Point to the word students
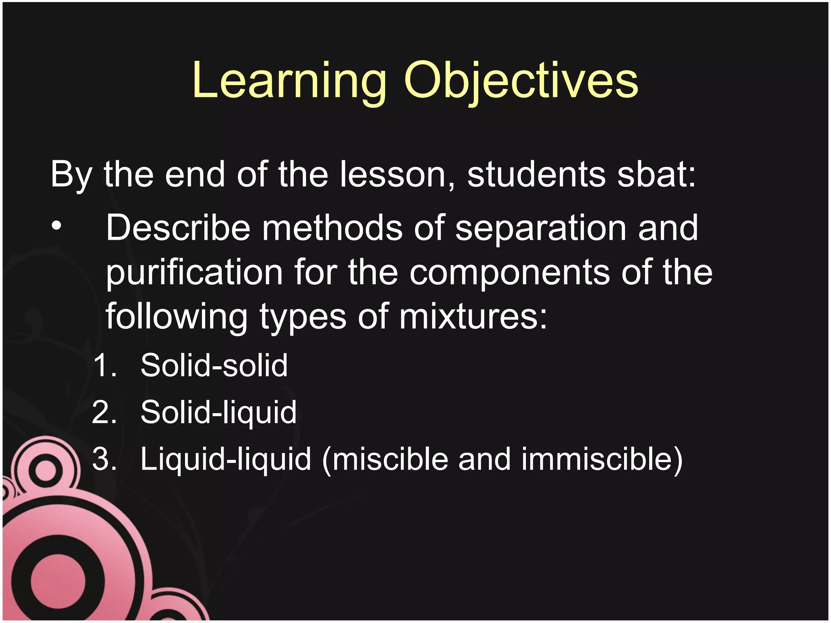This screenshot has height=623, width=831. click(x=536, y=174)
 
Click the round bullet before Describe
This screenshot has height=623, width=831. click(x=57, y=226)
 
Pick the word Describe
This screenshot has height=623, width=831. click(x=178, y=228)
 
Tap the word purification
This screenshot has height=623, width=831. click(x=194, y=273)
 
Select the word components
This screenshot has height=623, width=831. click(x=510, y=273)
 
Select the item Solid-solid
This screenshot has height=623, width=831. click(x=214, y=365)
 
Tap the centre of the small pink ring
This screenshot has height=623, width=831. click(x=45, y=471)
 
